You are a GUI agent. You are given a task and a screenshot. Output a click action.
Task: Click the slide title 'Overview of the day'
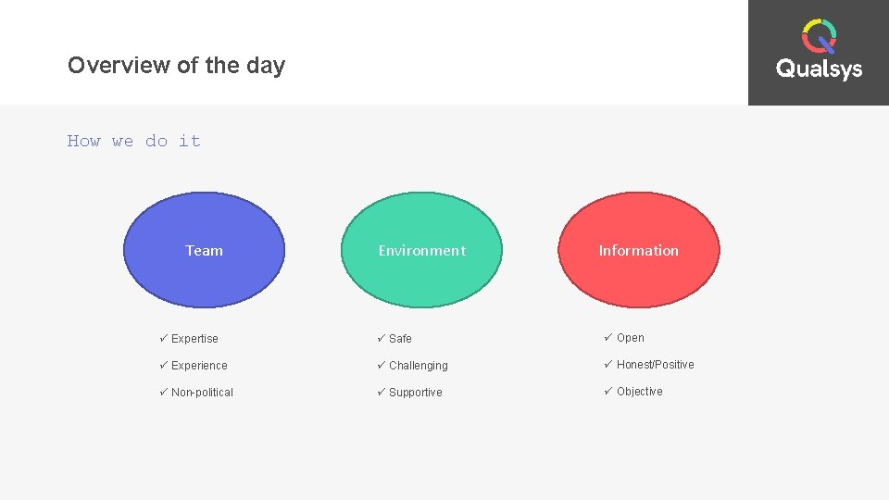point(176,66)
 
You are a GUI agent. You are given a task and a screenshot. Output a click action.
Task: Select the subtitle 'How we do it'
point(133,141)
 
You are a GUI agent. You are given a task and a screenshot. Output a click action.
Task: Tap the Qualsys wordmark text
point(819,69)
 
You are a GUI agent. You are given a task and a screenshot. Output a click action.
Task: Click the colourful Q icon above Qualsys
point(819,37)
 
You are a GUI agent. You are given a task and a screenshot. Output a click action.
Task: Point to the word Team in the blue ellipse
point(204,250)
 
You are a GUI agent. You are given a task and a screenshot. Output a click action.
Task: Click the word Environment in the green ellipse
point(421,250)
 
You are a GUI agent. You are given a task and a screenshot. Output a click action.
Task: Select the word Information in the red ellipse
point(638,250)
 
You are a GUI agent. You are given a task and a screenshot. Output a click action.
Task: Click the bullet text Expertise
point(194,339)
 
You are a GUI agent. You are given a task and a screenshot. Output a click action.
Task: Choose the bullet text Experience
point(199,366)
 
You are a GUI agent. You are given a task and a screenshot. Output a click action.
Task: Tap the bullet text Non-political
point(202,393)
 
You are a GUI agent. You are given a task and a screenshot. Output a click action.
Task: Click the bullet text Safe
point(400,339)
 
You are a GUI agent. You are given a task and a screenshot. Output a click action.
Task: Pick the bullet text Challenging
point(418,366)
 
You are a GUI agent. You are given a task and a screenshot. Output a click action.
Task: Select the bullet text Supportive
point(415,393)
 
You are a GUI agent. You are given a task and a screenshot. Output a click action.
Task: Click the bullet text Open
point(630,338)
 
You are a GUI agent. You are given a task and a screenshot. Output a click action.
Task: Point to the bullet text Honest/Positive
point(655,365)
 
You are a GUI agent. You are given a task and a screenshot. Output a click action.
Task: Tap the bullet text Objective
point(639,392)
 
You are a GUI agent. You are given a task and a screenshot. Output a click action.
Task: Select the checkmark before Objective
point(607,391)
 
